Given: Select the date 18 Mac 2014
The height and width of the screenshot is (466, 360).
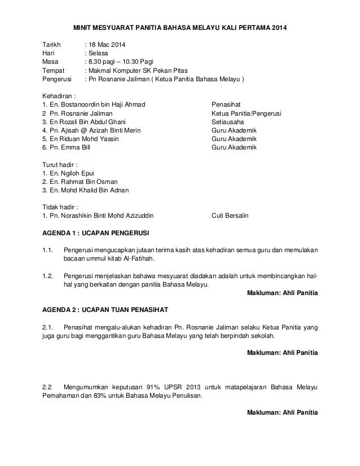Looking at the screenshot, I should [108, 45].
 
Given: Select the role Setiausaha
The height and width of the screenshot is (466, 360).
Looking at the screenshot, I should [227, 122].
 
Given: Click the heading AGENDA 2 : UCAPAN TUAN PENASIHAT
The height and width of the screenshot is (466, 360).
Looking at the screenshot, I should [106, 310].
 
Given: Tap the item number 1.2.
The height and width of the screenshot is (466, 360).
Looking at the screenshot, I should [48, 276].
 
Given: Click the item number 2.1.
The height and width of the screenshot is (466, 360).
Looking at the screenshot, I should [48, 327].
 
